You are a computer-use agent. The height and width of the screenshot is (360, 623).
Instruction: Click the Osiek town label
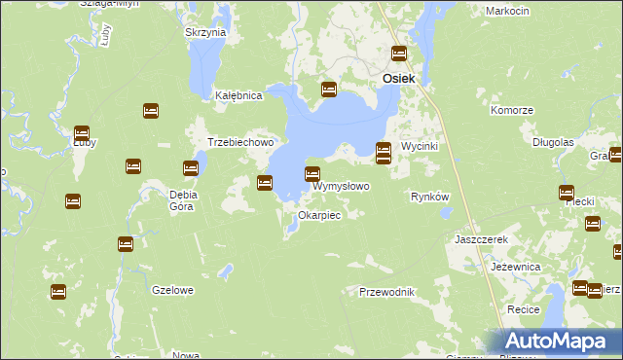400,78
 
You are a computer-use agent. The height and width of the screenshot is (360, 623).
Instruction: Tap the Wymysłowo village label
341,186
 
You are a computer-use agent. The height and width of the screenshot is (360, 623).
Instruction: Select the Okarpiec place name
319,215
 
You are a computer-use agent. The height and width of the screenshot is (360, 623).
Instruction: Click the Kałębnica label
239,96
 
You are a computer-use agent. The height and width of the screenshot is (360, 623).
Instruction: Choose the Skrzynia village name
205,32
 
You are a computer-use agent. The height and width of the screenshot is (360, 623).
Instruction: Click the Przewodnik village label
387,292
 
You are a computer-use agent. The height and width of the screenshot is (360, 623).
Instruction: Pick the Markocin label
506,10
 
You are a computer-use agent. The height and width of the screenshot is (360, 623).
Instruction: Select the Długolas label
553,142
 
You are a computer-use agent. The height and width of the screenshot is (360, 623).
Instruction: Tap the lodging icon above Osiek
399,54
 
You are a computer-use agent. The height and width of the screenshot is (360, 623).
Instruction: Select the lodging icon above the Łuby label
82,133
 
